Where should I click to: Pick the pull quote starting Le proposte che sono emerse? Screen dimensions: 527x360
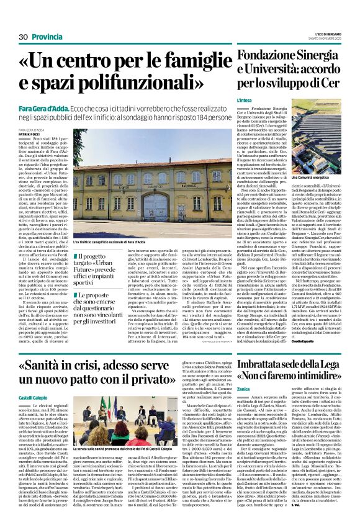click(104, 307)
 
